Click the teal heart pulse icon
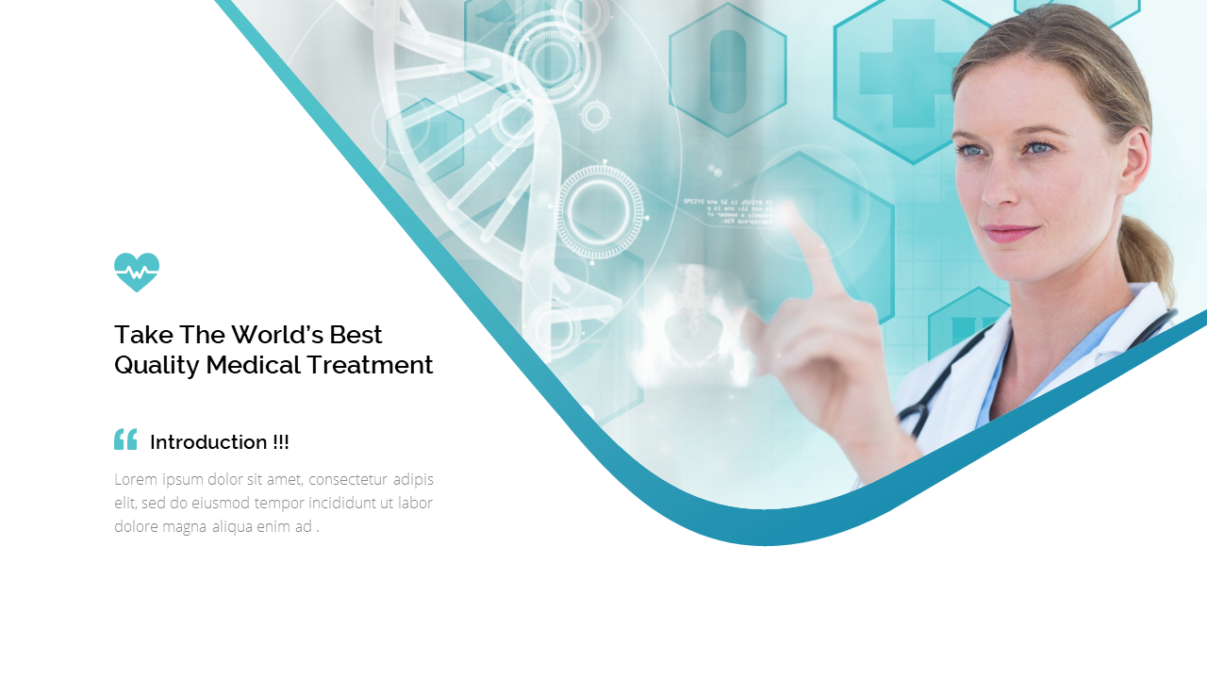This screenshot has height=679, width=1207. click(137, 272)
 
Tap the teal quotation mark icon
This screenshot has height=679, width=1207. click(125, 439)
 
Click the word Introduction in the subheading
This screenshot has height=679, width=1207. click(208, 442)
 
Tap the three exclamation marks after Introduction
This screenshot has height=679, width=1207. click(281, 442)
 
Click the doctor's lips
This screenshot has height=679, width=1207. click(1011, 232)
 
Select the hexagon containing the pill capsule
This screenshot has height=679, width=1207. click(727, 72)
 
